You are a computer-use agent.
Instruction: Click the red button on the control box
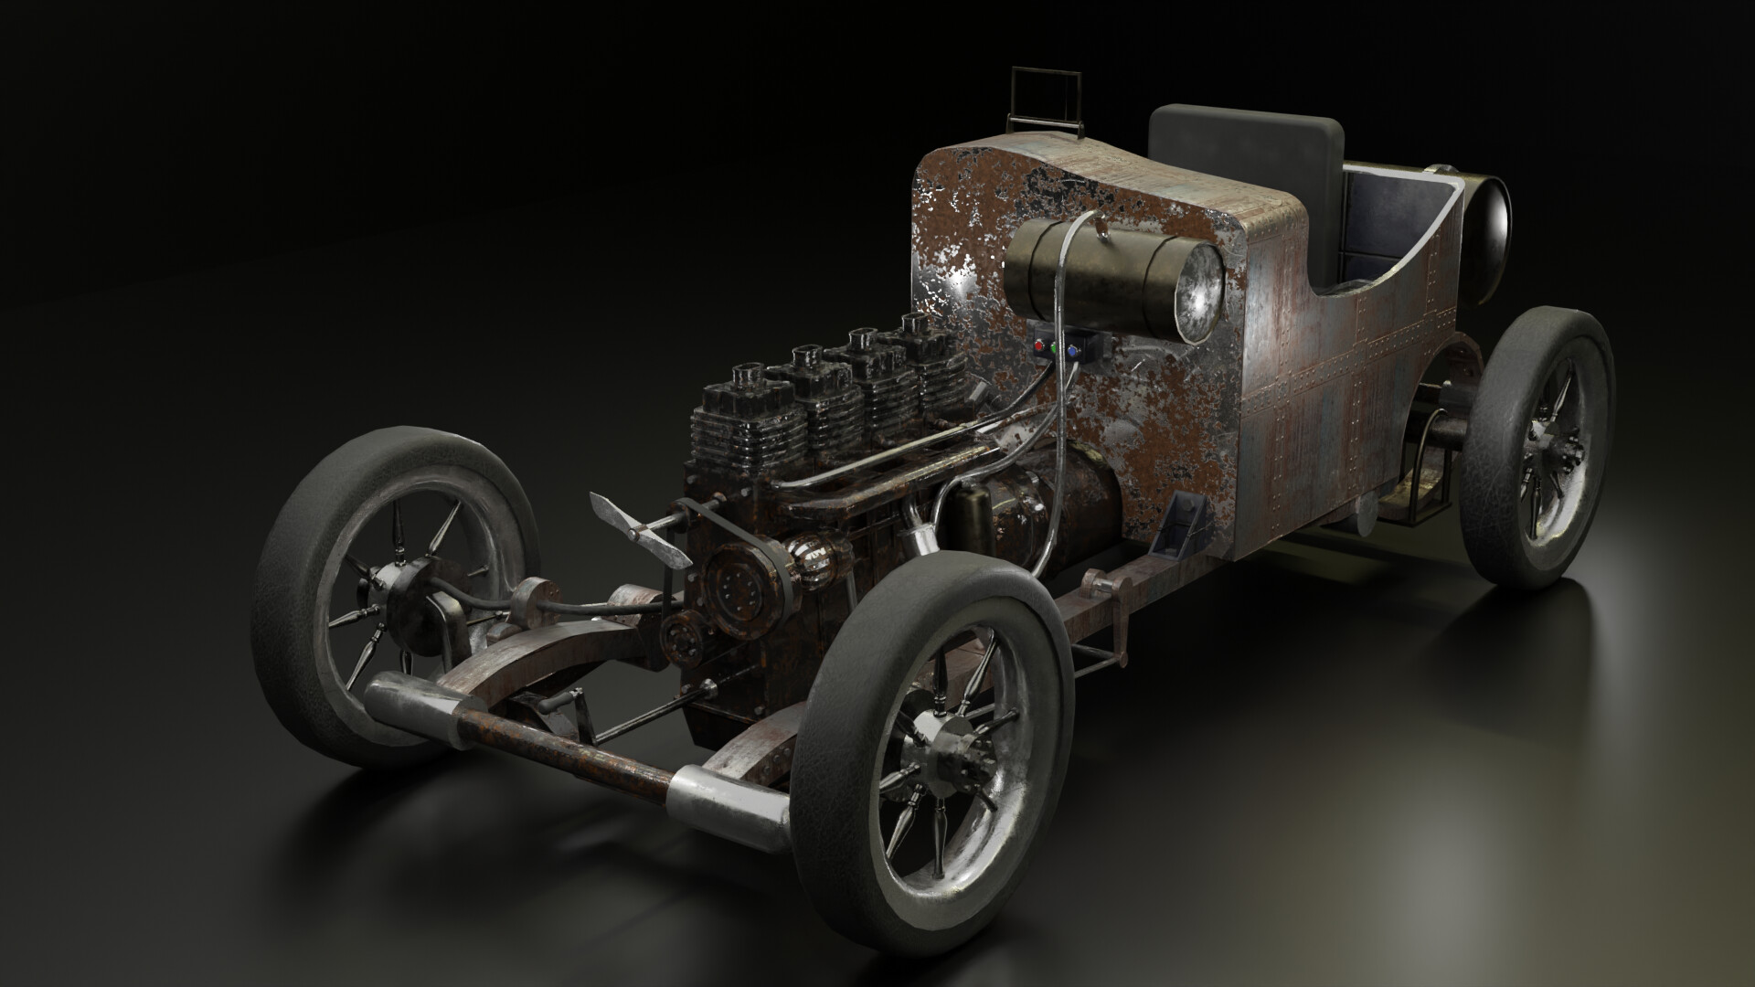click(1039, 347)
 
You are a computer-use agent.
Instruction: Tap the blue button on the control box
click(1072, 349)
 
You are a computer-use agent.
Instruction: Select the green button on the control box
click(1055, 348)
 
